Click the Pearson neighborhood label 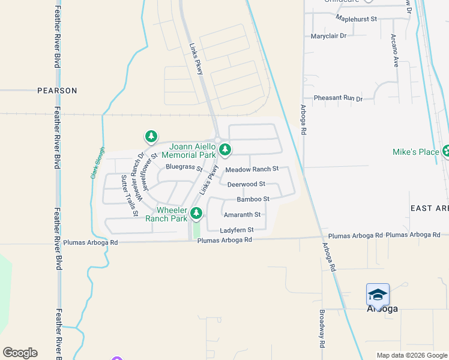coord(57,91)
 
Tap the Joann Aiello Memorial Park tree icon coord(225,149)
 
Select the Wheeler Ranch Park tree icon coord(196,213)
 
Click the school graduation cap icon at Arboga coord(378,295)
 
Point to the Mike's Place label coord(416,152)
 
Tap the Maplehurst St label coord(356,19)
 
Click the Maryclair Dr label coord(329,36)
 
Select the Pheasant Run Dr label coord(338,98)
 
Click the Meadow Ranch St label coord(252,169)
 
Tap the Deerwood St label coord(246,184)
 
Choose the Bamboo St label coord(253,199)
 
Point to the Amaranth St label coord(242,214)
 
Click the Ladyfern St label coord(237,230)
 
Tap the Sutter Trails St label coord(130,195)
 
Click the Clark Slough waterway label coord(98,163)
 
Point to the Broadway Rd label coord(322,329)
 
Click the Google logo coord(20,353)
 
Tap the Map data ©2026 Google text coord(411,355)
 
